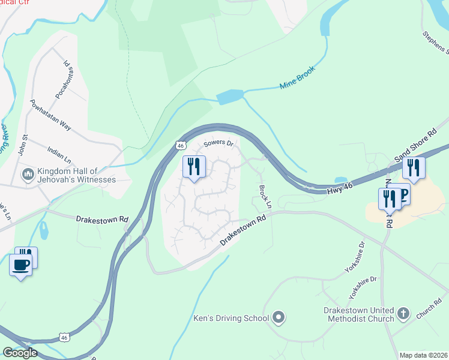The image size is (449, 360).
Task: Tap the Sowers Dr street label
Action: [x=217, y=143]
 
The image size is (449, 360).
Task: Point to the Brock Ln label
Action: [x=265, y=196]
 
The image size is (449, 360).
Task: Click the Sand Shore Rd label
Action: [x=414, y=147]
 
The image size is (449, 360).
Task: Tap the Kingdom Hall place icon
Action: [x=28, y=175]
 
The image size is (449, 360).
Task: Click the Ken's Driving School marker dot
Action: [x=279, y=316]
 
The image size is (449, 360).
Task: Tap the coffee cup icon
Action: [x=20, y=265]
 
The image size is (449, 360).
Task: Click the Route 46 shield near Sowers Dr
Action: [x=181, y=145]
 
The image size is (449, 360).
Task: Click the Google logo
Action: [x=20, y=353]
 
